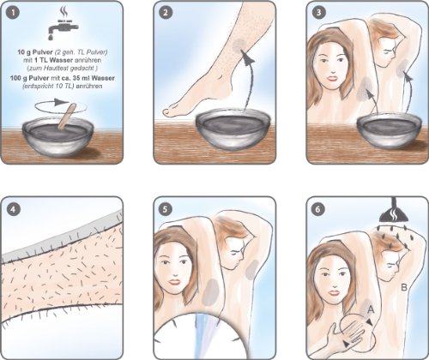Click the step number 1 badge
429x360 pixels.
(x=13, y=13)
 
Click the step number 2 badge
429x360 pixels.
(x=166, y=13)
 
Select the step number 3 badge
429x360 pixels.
(x=318, y=13)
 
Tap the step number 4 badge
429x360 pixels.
(x=13, y=209)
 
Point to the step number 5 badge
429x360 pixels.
(x=166, y=209)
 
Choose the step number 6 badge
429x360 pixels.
(x=318, y=209)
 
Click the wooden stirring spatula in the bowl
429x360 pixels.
(x=67, y=116)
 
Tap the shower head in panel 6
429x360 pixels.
(x=394, y=212)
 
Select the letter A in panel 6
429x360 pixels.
(x=371, y=309)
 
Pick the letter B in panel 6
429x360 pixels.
(x=404, y=287)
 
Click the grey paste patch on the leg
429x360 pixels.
(x=239, y=45)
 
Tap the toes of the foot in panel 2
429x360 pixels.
(x=171, y=111)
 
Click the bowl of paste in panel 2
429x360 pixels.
(x=233, y=129)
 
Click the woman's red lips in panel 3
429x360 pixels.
(x=332, y=78)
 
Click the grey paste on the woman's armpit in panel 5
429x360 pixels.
(x=210, y=292)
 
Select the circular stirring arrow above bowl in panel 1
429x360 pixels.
(x=61, y=107)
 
